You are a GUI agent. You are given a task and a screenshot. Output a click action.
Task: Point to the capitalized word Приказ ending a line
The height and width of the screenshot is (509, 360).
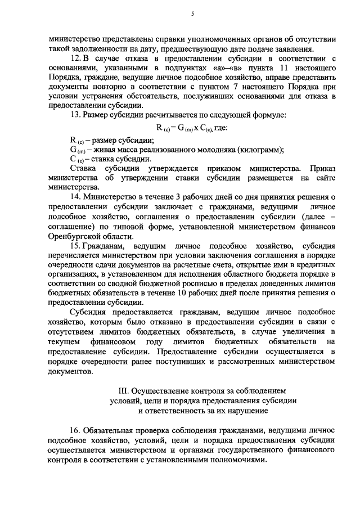323,168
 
